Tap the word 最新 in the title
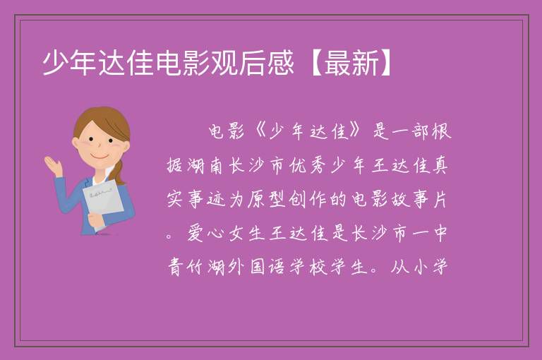click(351, 63)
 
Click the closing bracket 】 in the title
click(385, 63)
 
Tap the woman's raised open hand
click(54, 165)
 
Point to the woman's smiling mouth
click(100, 157)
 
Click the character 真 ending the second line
click(440, 166)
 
